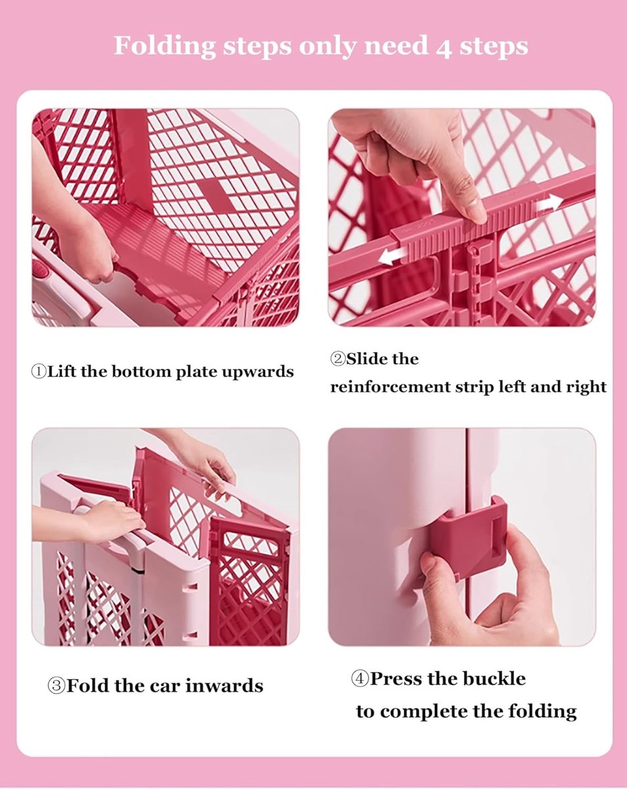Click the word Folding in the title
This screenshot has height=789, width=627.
coord(164,47)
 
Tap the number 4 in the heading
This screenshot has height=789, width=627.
coord(444,47)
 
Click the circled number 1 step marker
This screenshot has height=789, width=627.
coord(39,371)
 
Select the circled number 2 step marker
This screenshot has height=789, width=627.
coord(338,359)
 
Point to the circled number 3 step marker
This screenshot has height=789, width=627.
coord(57,685)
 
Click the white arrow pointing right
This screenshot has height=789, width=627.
coord(550,203)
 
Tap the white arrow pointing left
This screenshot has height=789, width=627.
coord(392,256)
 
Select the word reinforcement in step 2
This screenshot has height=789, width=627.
coord(390,387)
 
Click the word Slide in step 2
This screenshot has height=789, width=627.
coord(367,359)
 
